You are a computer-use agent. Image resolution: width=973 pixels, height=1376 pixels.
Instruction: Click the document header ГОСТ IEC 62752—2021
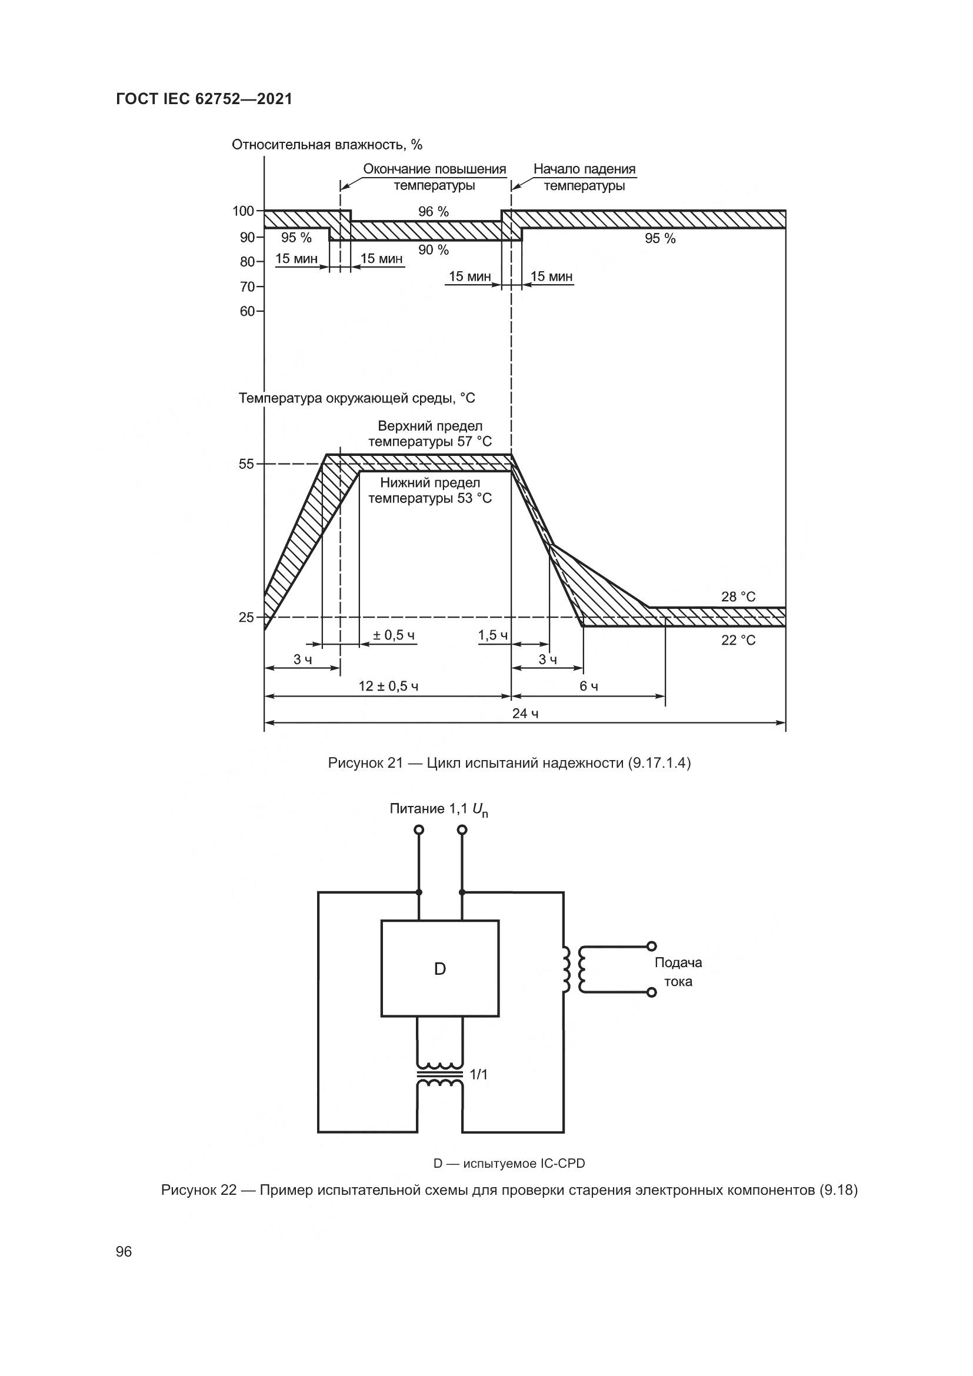[x=204, y=99]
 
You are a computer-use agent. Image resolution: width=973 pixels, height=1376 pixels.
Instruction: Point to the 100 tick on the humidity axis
[x=244, y=211]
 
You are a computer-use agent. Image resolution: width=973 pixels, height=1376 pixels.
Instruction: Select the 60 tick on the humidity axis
[x=247, y=311]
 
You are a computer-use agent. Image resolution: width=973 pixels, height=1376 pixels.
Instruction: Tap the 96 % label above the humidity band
[x=433, y=212]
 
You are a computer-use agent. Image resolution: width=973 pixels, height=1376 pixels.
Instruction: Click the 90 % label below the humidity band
[x=433, y=250]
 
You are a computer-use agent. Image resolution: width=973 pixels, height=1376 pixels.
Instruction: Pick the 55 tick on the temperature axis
[x=246, y=464]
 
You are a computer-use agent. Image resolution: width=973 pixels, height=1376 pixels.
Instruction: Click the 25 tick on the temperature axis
[x=246, y=617]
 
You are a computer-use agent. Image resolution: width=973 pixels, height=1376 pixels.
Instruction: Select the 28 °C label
[x=738, y=597]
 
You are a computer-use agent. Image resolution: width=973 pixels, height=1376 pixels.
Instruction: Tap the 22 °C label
[x=738, y=640]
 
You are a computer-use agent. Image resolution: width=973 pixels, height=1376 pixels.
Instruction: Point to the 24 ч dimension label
[x=525, y=713]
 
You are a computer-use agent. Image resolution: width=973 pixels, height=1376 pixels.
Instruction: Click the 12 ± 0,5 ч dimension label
[x=388, y=686]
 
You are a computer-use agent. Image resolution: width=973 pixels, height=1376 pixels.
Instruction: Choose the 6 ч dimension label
[x=588, y=686]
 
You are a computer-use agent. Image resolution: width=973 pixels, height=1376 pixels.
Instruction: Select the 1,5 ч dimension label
[x=492, y=635]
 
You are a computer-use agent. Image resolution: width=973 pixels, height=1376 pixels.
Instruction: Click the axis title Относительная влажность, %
[x=327, y=145]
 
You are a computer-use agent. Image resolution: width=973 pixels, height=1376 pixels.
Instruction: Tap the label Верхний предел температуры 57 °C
[x=429, y=434]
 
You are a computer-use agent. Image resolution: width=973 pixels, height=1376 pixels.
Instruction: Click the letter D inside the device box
[x=440, y=969]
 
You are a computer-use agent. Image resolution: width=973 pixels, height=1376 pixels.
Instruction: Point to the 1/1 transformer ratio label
[x=479, y=1075]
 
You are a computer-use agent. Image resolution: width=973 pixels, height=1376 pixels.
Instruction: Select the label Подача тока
[x=678, y=971]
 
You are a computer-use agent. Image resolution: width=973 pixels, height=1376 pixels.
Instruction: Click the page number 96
[x=124, y=1251]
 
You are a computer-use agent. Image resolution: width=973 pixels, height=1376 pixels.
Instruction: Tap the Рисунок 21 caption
[x=509, y=763]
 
